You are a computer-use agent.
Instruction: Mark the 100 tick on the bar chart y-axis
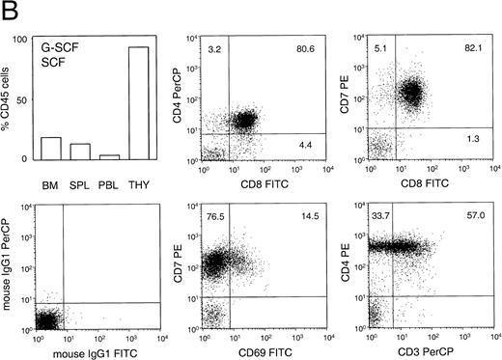(31, 39)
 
